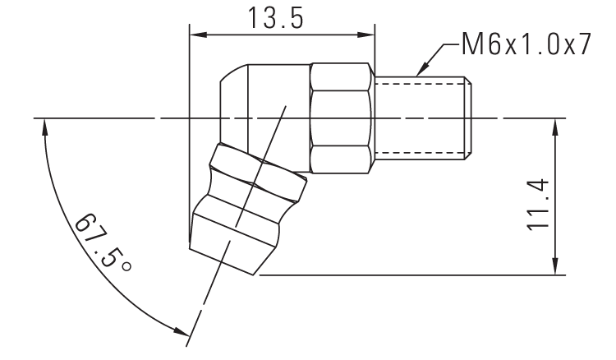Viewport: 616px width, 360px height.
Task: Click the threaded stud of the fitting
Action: point(422,118)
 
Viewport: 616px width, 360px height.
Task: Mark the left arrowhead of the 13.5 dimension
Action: point(198,35)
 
